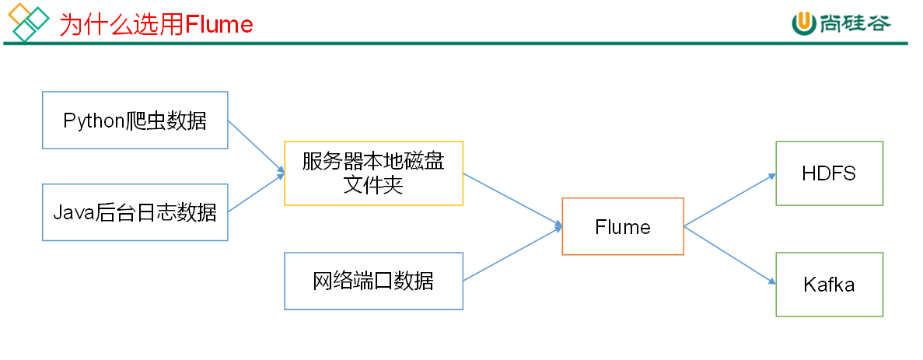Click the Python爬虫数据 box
135,121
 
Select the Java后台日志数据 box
135,212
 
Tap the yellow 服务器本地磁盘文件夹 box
374,173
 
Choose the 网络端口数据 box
374,281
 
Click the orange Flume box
623,226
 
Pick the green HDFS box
829,173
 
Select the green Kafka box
829,285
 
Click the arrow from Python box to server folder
256,146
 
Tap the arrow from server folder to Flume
512,201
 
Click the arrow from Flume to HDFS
729,200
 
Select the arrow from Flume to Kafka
729,254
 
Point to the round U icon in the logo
802,23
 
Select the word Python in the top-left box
94,121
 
